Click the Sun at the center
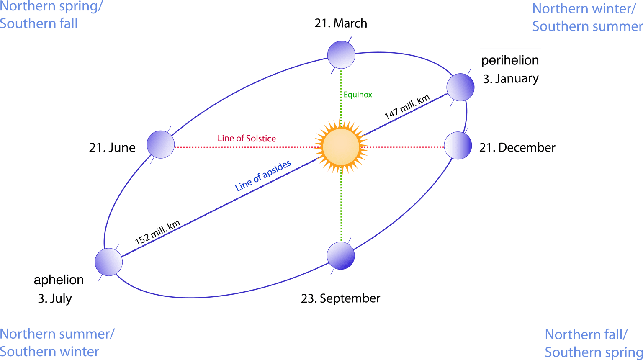(341, 147)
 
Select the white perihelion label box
(510, 60)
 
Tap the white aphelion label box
(59, 280)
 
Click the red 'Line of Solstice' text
(247, 138)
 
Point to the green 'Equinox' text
(358, 95)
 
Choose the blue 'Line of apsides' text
(263, 176)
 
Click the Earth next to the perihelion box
(460, 87)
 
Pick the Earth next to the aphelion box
(108, 262)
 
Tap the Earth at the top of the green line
(341, 54)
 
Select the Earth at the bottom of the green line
(341, 256)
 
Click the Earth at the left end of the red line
(160, 144)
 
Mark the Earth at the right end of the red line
(458, 146)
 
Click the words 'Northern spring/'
(51, 7)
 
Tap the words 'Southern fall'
(39, 24)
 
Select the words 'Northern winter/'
(584, 9)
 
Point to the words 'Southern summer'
(587, 26)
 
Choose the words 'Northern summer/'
(57, 334)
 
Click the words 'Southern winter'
(49, 352)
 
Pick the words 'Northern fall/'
(586, 335)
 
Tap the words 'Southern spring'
(594, 352)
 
